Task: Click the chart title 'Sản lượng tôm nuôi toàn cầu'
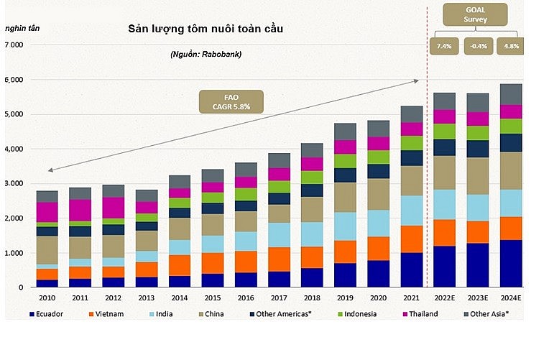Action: click(206, 29)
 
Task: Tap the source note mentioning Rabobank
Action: click(206, 55)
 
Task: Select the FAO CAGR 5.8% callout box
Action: click(232, 101)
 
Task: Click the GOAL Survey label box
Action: click(475, 14)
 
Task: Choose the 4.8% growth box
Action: click(511, 46)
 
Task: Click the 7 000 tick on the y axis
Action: click(14, 45)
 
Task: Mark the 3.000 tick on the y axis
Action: click(14, 184)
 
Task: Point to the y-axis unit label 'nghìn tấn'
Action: click(22, 29)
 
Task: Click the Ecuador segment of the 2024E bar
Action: click(511, 264)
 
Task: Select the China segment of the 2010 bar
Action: click(47, 250)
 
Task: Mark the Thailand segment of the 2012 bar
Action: click(114, 208)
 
